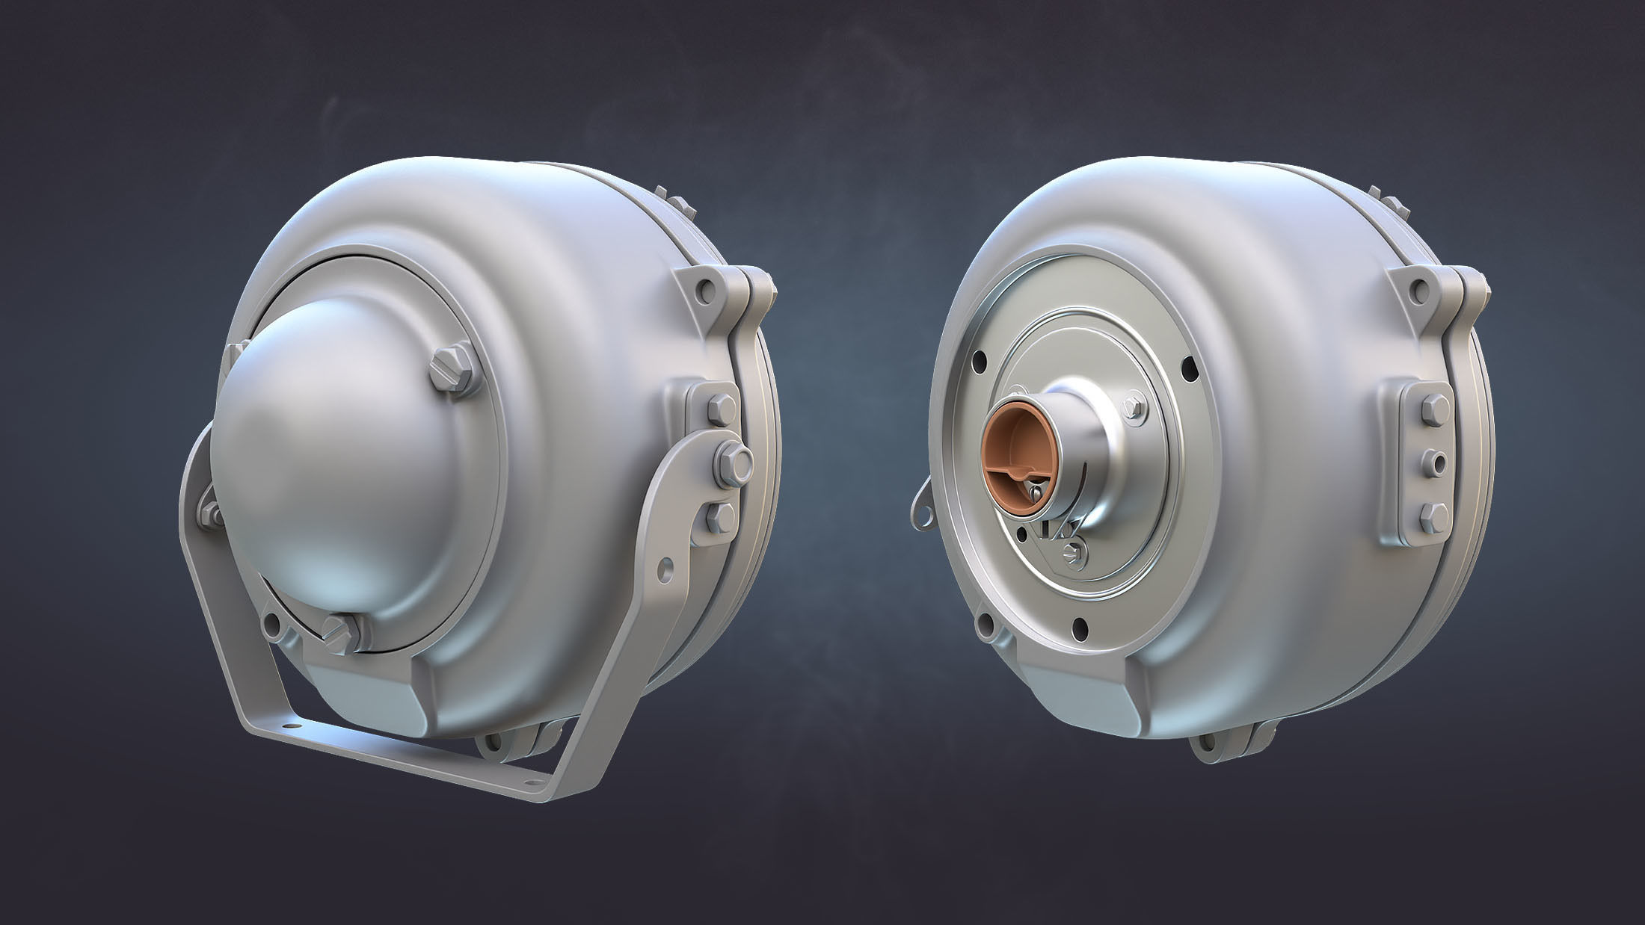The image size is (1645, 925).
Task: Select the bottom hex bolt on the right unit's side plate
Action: point(1431,516)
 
